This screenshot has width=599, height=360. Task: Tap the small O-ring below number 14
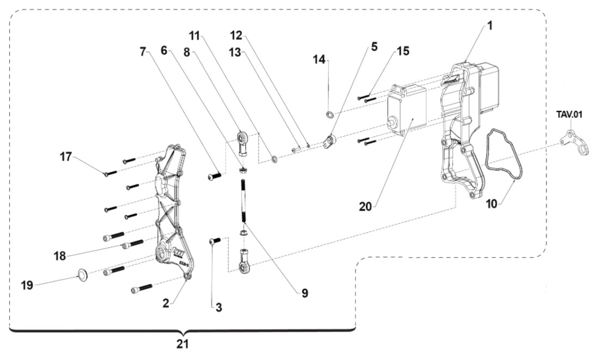coord(330,115)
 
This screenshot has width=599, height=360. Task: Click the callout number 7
coord(143,52)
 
